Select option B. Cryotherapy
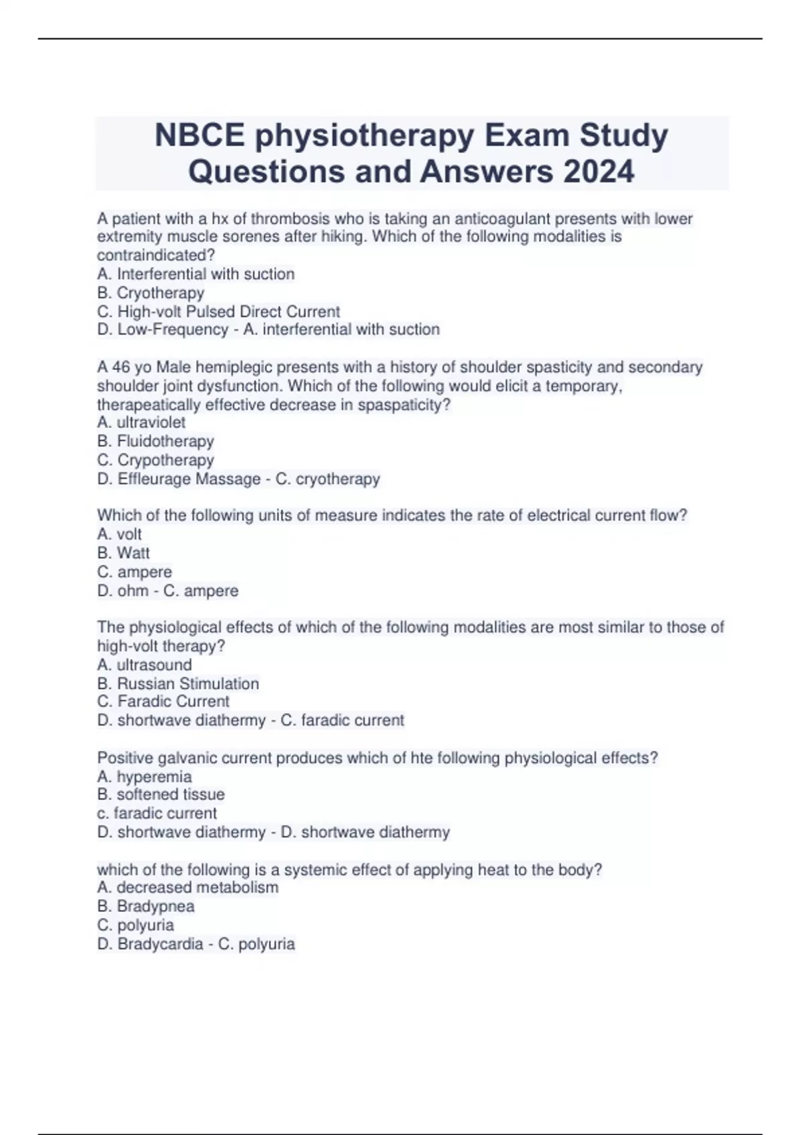click(150, 293)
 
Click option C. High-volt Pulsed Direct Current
click(218, 312)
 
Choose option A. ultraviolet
click(141, 423)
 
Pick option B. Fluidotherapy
click(155, 441)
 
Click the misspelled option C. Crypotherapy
click(155, 460)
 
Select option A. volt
click(119, 534)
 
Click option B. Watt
click(123, 553)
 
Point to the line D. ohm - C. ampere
click(167, 591)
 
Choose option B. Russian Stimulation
click(178, 684)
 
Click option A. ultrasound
click(144, 665)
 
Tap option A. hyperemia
click(144, 777)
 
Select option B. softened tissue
click(160, 794)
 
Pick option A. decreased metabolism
click(187, 887)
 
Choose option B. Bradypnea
click(146, 907)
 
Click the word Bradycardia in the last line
click(160, 944)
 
